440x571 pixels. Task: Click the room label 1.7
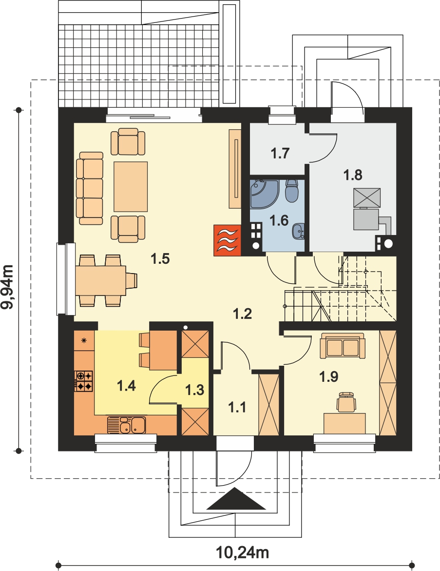280,153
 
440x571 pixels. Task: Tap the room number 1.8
353,175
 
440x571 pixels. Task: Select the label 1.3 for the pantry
195,390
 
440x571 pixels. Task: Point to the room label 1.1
237,407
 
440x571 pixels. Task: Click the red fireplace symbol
228,240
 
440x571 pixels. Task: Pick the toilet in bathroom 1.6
291,190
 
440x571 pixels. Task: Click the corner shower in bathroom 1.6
264,193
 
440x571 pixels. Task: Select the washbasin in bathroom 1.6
299,231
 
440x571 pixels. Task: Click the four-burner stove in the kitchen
84,381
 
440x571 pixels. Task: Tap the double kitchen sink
126,425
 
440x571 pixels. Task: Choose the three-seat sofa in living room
90,188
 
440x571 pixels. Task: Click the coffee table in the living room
131,186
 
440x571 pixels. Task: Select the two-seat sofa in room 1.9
342,347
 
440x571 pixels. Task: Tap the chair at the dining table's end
132,280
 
